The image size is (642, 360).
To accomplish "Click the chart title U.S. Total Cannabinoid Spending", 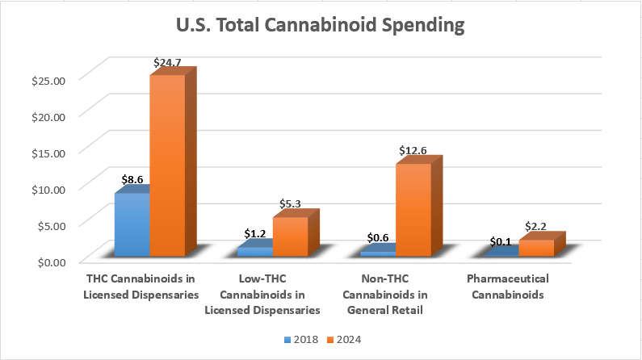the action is click(320, 25).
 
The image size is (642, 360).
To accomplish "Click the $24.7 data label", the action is click(167, 63).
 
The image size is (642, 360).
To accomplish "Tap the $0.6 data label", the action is click(377, 237).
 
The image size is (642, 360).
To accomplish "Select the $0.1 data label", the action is click(501, 242).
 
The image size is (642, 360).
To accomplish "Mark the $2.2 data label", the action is click(535, 226).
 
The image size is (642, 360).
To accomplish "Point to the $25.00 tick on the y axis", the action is click(48, 81).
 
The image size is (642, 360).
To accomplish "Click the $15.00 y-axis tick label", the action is click(48, 153).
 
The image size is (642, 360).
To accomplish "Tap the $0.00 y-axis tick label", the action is click(52, 262).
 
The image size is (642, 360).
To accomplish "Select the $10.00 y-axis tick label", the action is click(48, 190).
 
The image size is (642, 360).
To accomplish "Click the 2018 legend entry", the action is click(301, 340).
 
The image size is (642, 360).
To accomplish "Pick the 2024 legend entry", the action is click(344, 340).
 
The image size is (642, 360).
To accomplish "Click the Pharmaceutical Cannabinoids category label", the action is click(508, 287).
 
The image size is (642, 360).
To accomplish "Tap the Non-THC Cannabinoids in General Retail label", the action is click(385, 294).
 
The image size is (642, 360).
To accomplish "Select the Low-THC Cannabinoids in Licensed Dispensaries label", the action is click(262, 294).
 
